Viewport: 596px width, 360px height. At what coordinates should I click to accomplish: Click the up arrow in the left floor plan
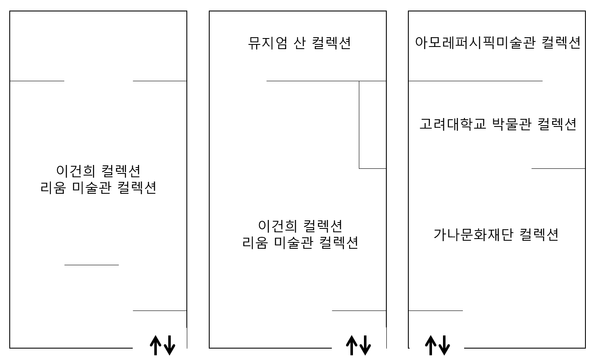(x=156, y=345)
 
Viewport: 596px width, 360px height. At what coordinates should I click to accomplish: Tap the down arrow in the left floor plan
(x=170, y=345)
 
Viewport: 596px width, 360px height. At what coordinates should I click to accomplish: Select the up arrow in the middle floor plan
(x=351, y=345)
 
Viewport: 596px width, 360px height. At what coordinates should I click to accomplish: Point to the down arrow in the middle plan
(x=365, y=345)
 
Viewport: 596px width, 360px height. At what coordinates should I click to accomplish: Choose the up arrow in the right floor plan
(x=430, y=345)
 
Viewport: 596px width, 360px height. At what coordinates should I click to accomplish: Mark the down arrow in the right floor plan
(x=444, y=345)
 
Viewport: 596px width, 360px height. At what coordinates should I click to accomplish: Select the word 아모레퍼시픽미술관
(x=470, y=43)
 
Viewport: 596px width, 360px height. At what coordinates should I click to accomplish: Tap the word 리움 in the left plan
(x=53, y=187)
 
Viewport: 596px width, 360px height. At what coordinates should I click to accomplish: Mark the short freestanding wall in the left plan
(x=91, y=265)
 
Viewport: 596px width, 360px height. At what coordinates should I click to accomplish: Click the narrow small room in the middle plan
(x=372, y=124)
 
